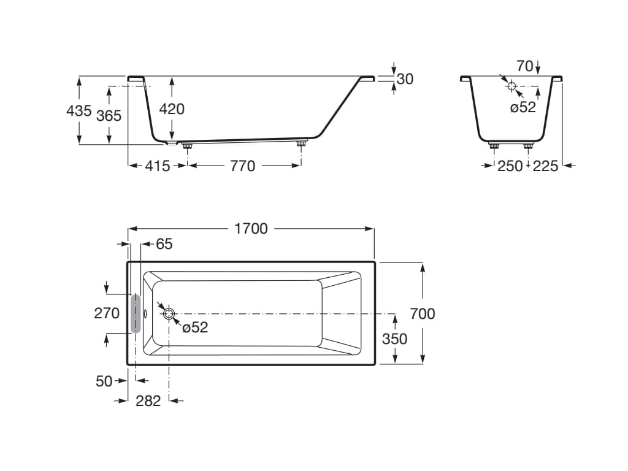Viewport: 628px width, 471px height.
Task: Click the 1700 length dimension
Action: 251,228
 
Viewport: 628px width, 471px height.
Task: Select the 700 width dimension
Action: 423,313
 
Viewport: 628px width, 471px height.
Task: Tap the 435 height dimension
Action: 78,111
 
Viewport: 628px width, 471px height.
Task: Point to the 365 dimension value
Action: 109,115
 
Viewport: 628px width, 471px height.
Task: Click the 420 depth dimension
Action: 172,109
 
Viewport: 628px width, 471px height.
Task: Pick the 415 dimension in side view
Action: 158,166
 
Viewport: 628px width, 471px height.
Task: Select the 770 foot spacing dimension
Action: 243,166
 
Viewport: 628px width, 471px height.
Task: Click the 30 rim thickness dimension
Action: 405,78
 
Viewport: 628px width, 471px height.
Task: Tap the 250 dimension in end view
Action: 510,166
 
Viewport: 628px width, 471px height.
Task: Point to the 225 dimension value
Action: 545,166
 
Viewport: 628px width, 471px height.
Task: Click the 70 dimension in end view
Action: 524,66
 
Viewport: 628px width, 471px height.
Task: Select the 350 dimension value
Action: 394,339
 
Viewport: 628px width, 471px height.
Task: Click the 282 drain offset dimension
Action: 148,400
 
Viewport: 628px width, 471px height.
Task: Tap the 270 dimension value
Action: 107,313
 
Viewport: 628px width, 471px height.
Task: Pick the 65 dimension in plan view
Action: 164,244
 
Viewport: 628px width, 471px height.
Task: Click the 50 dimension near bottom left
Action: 104,381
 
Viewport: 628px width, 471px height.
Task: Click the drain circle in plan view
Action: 169,313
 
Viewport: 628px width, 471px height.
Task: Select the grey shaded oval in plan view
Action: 136,313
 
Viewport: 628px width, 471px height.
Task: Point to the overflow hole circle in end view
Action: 511,85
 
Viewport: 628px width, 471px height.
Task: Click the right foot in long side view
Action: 301,144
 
